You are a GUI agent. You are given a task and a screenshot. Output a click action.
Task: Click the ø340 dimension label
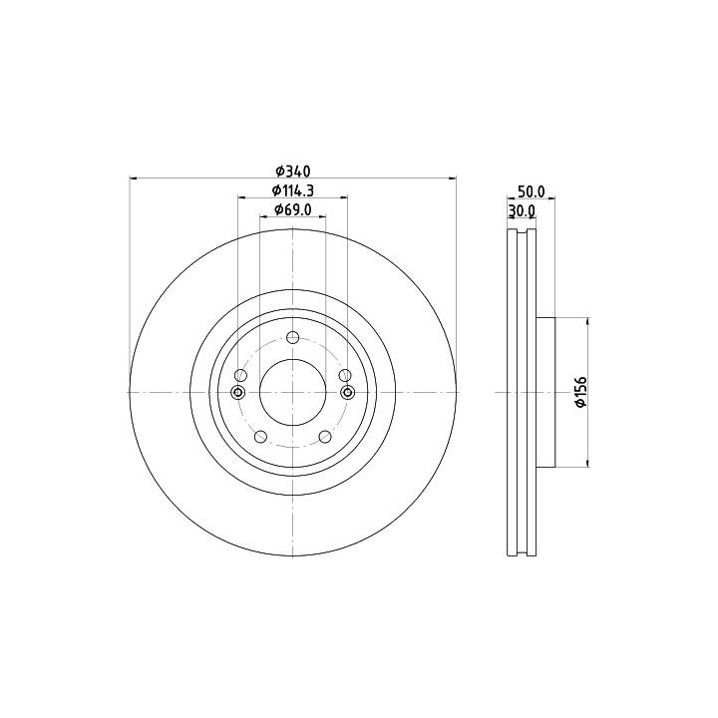tap(293, 172)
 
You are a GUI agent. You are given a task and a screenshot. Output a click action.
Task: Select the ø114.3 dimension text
tap(292, 190)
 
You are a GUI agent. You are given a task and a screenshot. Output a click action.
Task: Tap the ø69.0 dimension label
tap(293, 209)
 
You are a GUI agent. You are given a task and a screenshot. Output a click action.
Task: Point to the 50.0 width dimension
tap(531, 191)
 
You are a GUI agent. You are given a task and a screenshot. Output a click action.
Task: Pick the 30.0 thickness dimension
tap(522, 210)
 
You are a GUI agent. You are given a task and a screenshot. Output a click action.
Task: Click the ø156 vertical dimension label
tap(580, 392)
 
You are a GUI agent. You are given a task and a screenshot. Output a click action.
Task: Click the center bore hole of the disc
tap(292, 392)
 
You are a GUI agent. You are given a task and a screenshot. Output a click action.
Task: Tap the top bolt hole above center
tap(292, 338)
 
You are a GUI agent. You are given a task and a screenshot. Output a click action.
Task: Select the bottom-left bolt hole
tap(260, 437)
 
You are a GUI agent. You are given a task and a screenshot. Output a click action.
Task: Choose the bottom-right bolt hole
tap(325, 437)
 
